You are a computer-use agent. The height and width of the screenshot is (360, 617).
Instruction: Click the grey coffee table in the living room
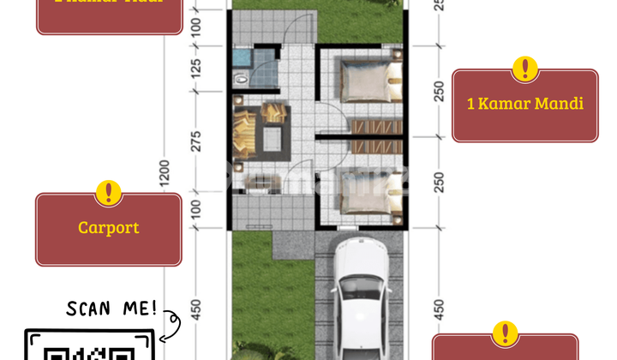point(274,135)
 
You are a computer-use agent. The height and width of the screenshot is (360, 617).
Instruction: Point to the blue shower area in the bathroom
point(241,58)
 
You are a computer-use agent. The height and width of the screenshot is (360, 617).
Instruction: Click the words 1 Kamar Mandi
point(524,104)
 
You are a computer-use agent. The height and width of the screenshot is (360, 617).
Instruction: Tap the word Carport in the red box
point(108,228)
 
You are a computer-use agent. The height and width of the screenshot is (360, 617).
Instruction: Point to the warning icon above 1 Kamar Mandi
point(524,69)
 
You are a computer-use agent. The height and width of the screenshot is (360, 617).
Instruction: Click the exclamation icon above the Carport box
point(108,193)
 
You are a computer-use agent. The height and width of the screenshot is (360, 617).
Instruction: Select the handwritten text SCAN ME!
point(112,307)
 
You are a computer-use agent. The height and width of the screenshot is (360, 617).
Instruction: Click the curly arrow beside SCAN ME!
point(173,321)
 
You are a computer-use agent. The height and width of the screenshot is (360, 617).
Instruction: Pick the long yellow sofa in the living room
point(242,135)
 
